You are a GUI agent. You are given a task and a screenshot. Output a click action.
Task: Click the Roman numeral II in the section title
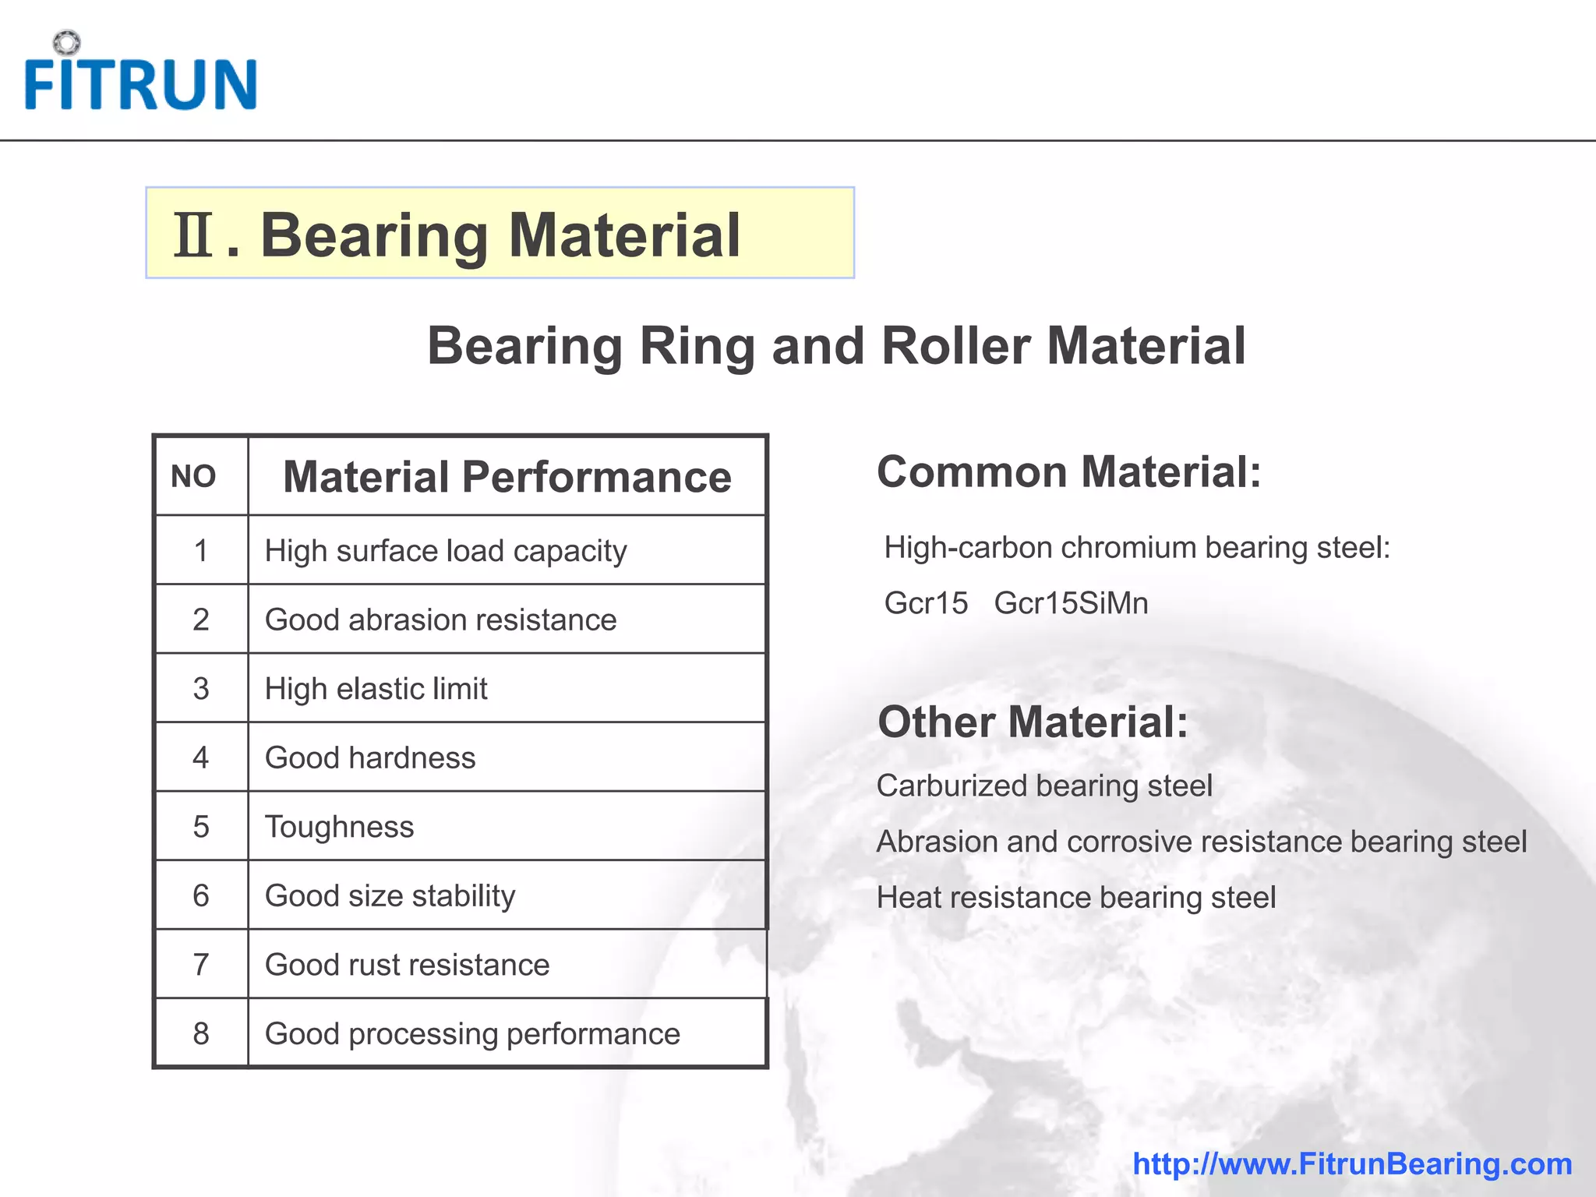(x=192, y=235)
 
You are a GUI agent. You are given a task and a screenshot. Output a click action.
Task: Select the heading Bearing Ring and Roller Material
(x=836, y=346)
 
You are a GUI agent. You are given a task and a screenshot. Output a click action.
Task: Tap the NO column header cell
(x=193, y=476)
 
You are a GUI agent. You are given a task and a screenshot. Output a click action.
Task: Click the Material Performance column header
(x=507, y=477)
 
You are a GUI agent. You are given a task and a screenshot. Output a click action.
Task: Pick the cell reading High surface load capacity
(x=446, y=551)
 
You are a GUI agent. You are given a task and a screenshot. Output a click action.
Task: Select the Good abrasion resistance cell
(x=440, y=620)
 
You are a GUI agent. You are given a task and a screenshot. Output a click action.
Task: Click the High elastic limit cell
(x=376, y=689)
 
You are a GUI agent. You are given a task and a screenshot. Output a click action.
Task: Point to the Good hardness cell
(x=370, y=758)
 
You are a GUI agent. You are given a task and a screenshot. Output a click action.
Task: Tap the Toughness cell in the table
(x=340, y=827)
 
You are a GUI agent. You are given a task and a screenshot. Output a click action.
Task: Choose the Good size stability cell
(x=390, y=896)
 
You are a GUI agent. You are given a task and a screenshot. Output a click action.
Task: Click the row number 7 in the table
(x=201, y=965)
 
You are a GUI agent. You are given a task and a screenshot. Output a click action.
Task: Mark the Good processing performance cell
(x=472, y=1034)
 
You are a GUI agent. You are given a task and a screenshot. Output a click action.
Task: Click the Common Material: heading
(x=1068, y=472)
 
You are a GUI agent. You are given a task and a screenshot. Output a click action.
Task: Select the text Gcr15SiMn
(x=1071, y=603)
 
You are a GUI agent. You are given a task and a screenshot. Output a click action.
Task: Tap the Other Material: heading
(x=1033, y=722)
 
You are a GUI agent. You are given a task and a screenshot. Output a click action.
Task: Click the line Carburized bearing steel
(x=1044, y=786)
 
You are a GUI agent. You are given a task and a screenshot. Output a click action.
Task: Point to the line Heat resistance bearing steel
(x=1076, y=898)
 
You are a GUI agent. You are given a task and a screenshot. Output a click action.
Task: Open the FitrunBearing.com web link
(x=1352, y=1163)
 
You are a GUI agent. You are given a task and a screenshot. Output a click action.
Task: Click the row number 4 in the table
(x=201, y=758)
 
